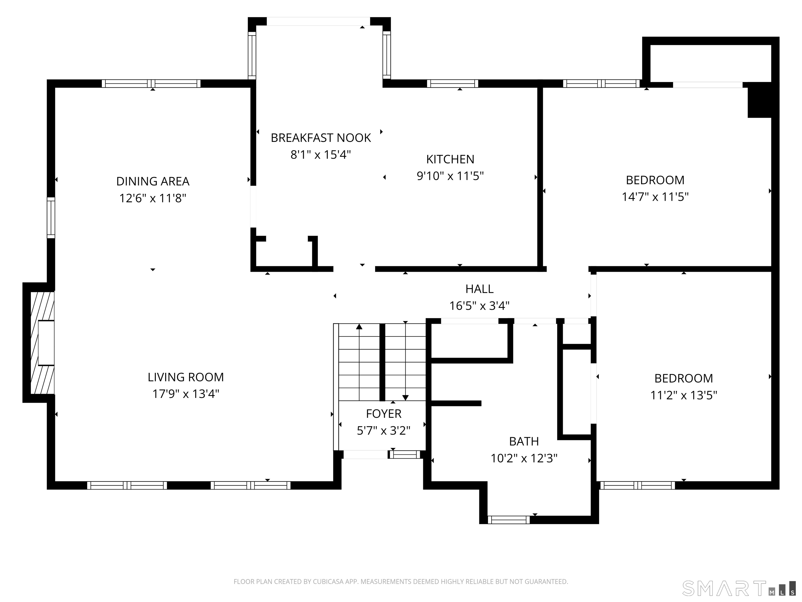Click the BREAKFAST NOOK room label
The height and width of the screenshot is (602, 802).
(x=321, y=138)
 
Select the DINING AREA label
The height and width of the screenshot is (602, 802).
(x=153, y=181)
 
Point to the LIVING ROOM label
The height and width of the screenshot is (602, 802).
(x=186, y=377)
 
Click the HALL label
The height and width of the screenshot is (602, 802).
(x=479, y=289)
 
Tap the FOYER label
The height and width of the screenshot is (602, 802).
(x=384, y=414)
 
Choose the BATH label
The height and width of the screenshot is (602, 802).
(x=524, y=441)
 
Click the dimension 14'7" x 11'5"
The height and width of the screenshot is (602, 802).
(x=655, y=197)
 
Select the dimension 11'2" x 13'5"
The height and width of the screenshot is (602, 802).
(x=684, y=395)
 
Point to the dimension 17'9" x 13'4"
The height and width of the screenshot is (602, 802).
(x=186, y=394)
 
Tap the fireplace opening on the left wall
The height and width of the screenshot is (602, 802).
(x=46, y=343)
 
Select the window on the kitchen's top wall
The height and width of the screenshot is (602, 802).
(x=452, y=83)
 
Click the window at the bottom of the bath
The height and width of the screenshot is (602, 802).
(x=509, y=520)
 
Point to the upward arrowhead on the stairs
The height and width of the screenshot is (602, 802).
(x=359, y=327)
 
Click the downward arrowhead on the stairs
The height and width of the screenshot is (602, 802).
(x=405, y=398)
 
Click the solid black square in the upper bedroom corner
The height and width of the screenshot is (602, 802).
(x=760, y=100)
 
